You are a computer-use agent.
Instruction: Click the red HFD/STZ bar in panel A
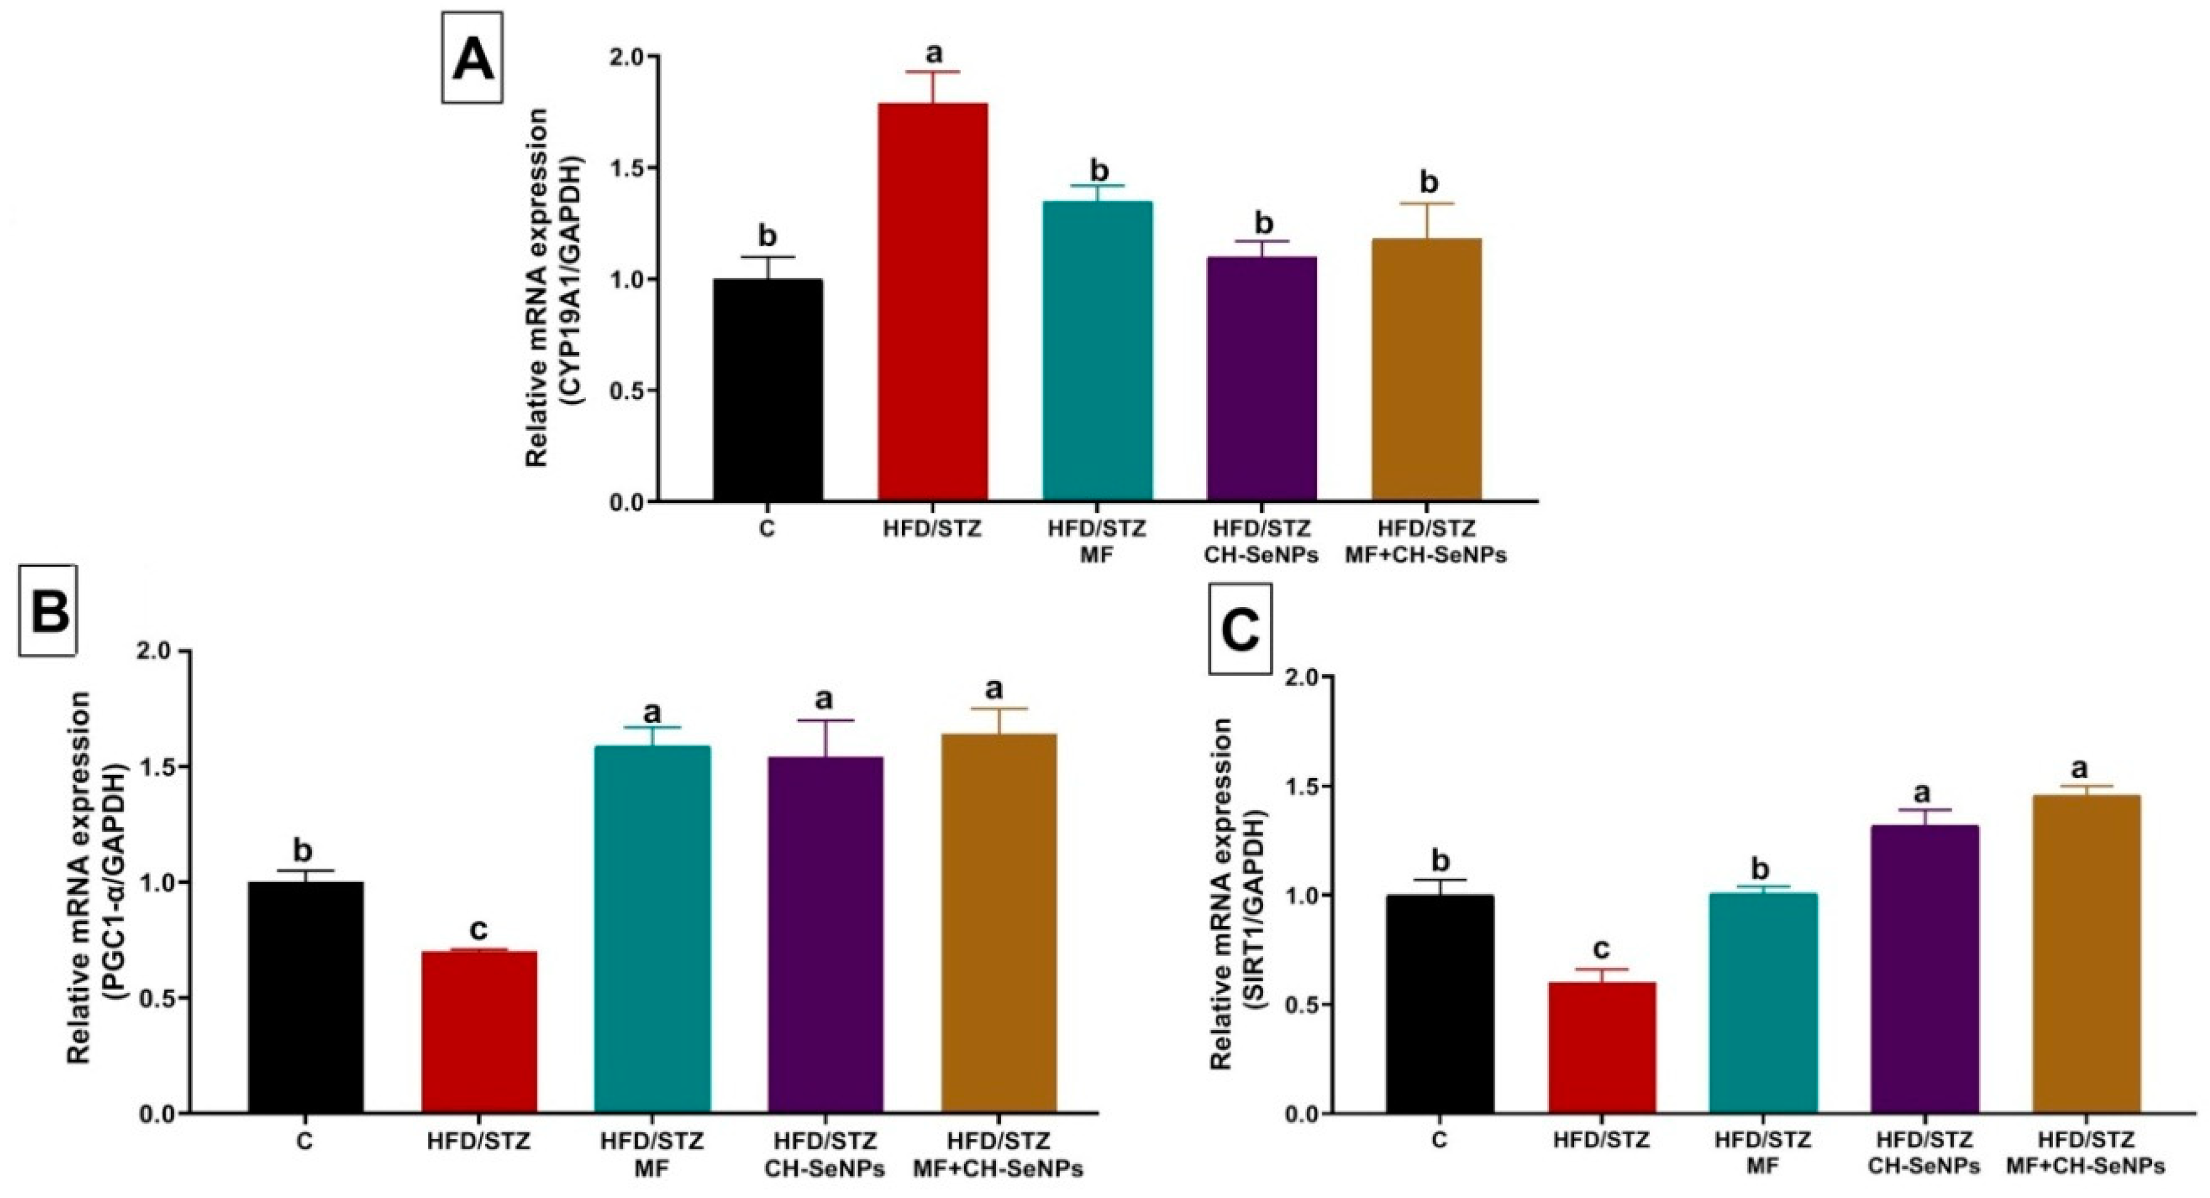tap(933, 300)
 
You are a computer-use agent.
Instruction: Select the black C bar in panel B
tap(305, 996)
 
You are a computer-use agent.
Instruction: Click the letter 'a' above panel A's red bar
tap(933, 53)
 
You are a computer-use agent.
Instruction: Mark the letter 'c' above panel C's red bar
tap(1601, 948)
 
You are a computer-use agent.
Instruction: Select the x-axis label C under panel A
tap(766, 529)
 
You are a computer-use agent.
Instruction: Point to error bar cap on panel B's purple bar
tap(826, 720)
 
